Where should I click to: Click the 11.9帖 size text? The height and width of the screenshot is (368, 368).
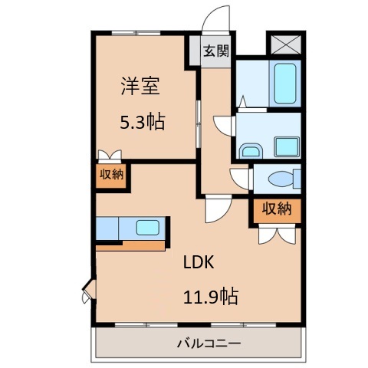[209, 296]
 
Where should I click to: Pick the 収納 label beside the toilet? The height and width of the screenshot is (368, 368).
[277, 209]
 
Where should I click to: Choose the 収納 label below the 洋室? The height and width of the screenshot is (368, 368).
[111, 174]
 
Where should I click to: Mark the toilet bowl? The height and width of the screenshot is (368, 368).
[280, 179]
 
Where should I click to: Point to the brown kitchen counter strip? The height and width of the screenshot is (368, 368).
[131, 246]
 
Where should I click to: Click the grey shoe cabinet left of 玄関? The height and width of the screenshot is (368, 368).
[195, 51]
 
